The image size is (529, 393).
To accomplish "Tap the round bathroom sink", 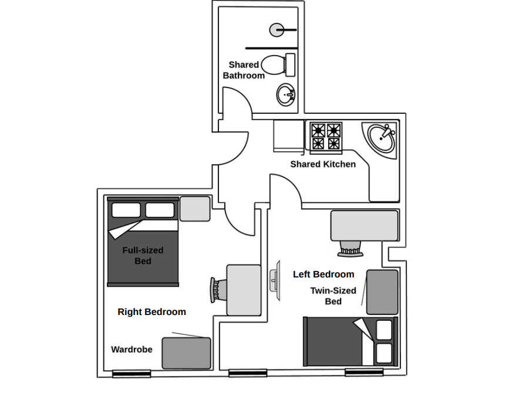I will (x=286, y=94).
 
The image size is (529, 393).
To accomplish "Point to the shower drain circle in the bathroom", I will (x=276, y=29).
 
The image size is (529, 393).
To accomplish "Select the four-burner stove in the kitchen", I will (x=326, y=137).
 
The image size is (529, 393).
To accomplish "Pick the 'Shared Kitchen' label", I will (x=323, y=164).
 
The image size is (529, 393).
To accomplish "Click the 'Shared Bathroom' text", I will (x=244, y=70).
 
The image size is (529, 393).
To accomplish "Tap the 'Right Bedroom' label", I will (x=151, y=312).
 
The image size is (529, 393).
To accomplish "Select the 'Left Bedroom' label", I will (x=324, y=274).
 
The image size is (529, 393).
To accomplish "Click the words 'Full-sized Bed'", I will (x=143, y=255).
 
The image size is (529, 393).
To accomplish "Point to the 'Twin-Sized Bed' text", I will (x=333, y=296).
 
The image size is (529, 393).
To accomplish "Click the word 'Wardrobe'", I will (x=132, y=350).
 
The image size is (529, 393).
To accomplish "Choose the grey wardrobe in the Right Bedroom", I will (x=186, y=353).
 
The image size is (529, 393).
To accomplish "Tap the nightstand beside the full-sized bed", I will (x=195, y=209).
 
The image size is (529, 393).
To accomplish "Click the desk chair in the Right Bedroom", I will (x=217, y=289).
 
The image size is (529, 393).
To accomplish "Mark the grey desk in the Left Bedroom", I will (x=365, y=225).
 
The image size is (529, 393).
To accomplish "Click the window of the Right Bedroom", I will (x=132, y=373).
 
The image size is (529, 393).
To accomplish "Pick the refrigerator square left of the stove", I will (x=288, y=136).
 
